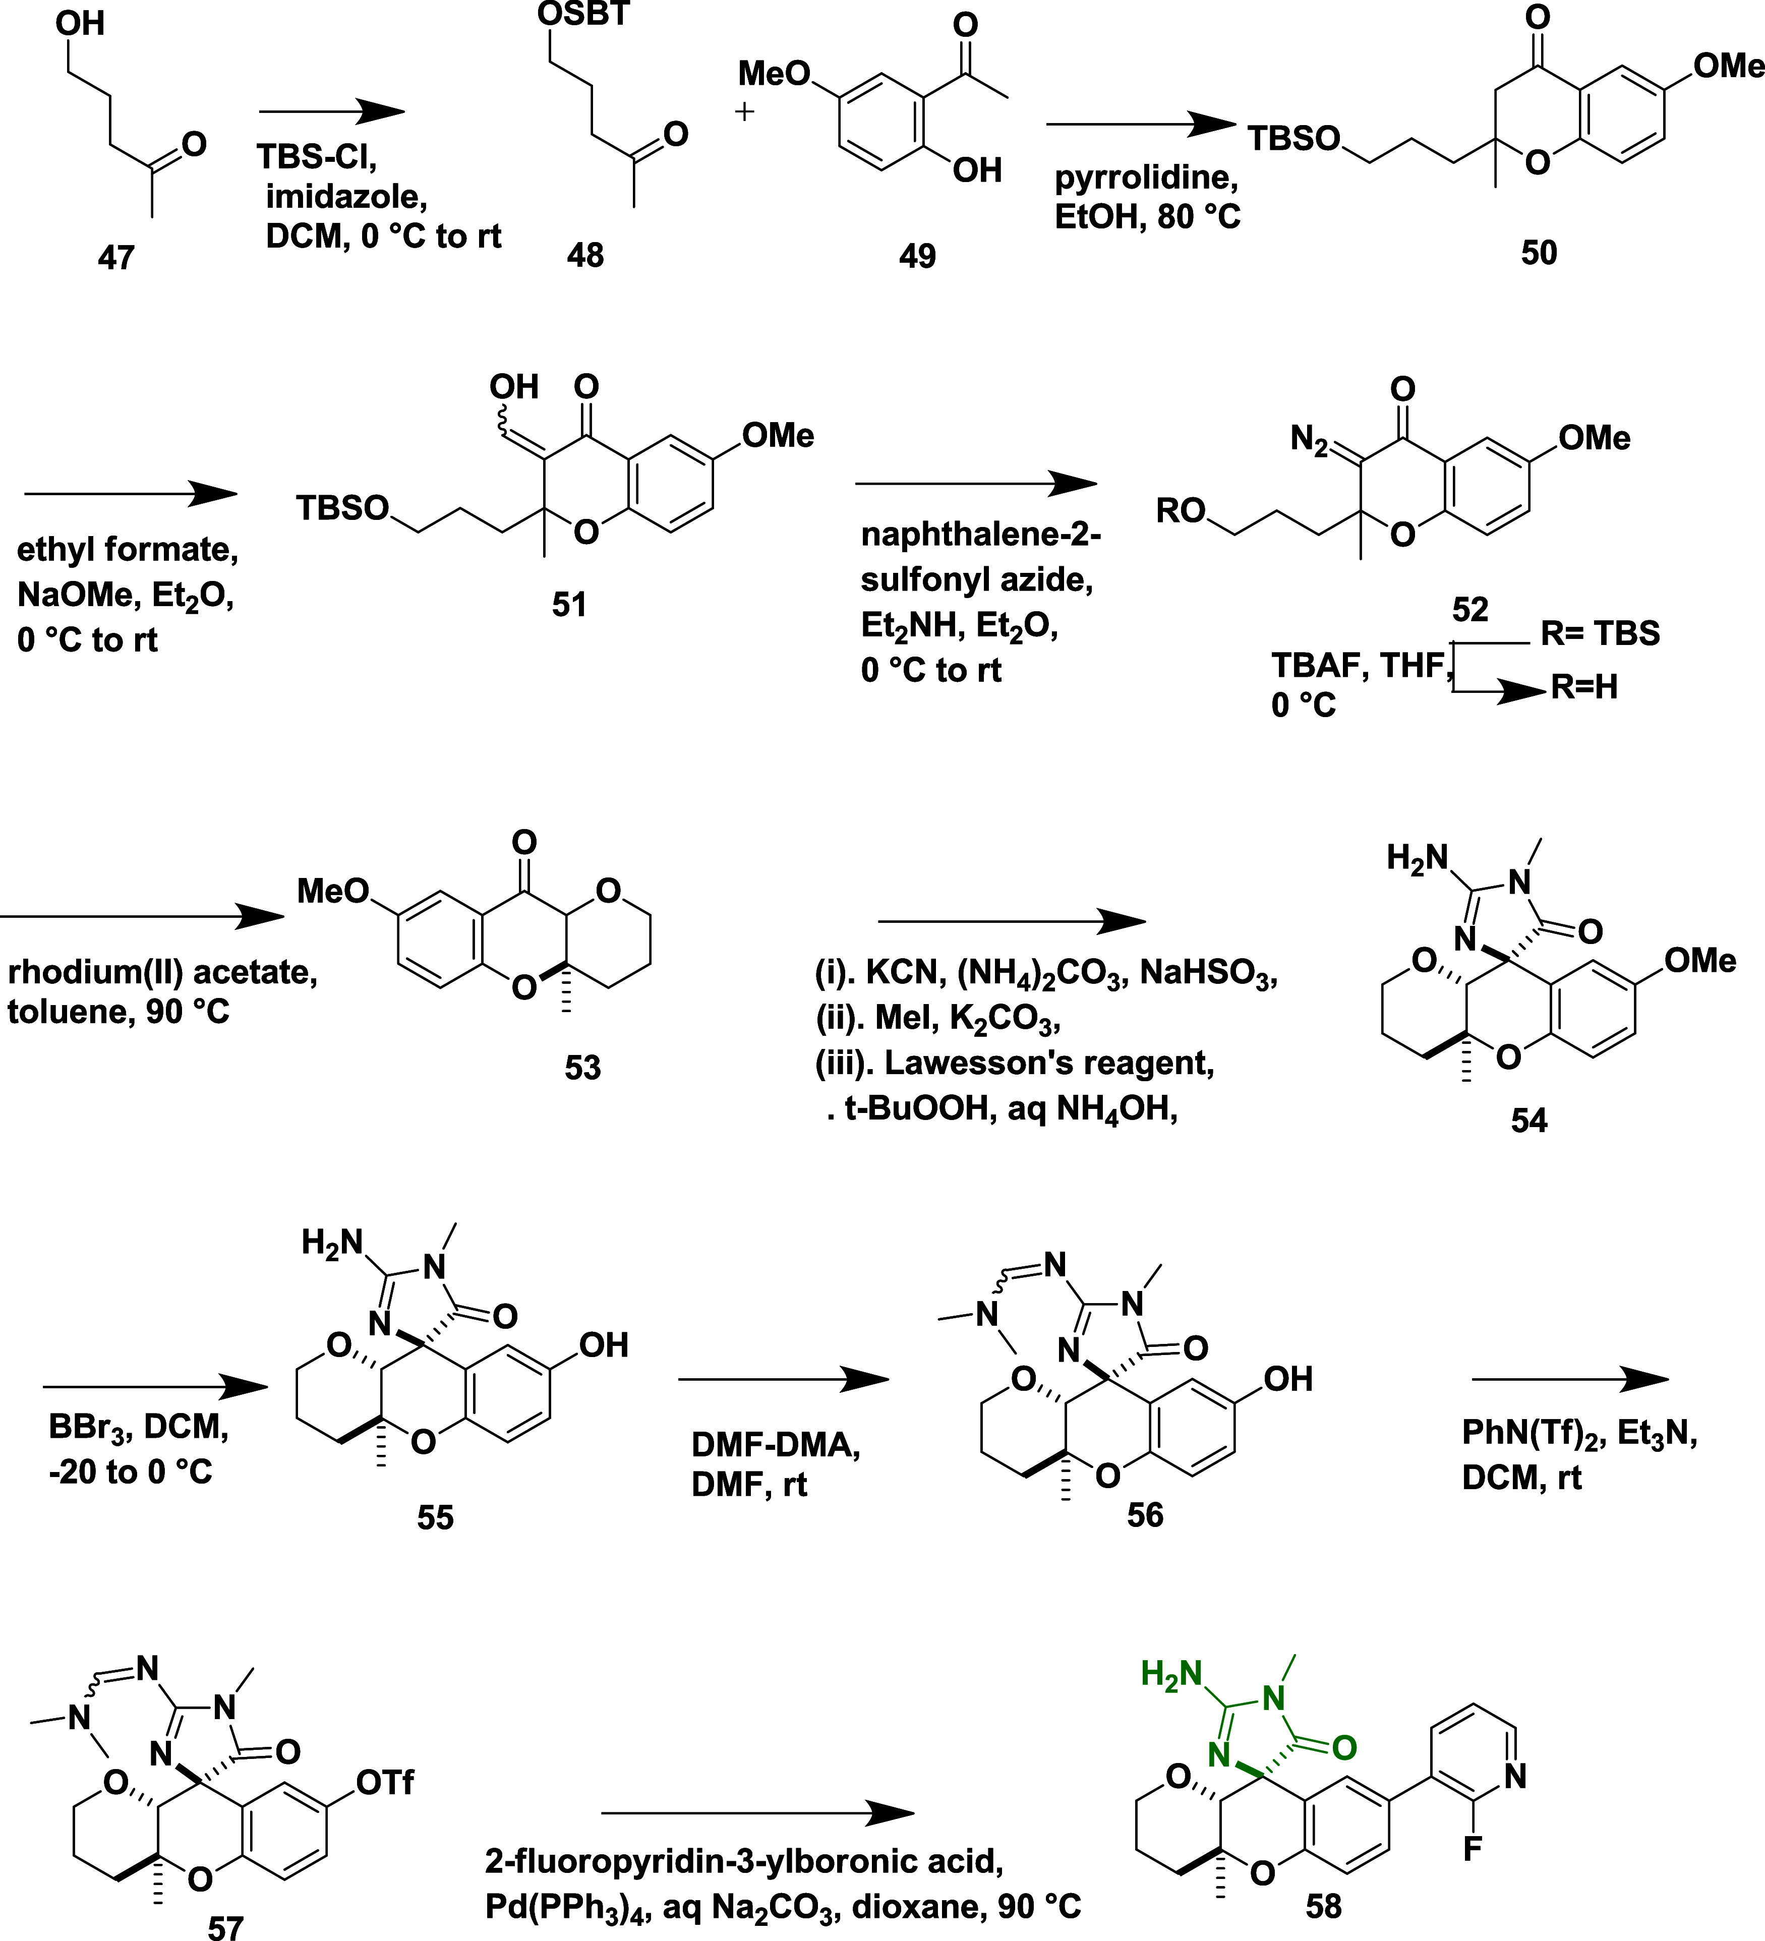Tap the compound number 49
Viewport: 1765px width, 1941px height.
click(x=917, y=256)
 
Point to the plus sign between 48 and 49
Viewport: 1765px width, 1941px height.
click(x=744, y=111)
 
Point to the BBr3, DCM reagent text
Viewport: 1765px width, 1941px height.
click(x=139, y=1426)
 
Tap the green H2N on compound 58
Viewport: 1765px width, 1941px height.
click(x=1172, y=1674)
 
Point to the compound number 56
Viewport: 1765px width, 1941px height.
click(x=1145, y=1515)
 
